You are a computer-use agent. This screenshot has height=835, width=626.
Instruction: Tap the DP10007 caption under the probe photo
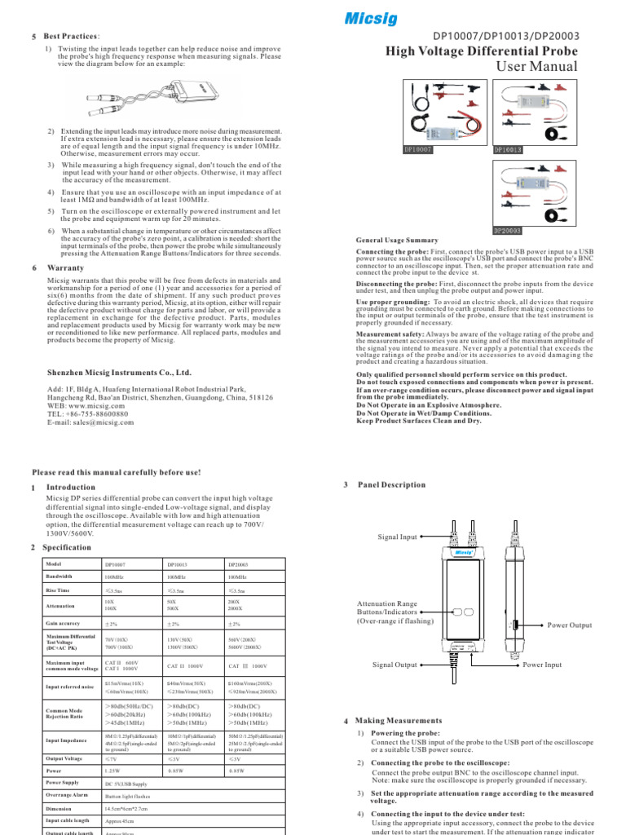418,150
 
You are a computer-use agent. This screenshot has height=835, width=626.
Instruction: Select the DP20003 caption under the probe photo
508,231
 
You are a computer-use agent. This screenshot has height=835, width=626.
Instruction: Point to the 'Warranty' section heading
66,267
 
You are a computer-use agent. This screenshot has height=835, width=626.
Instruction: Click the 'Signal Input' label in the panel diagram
397,537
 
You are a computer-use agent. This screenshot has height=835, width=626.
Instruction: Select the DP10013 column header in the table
178,563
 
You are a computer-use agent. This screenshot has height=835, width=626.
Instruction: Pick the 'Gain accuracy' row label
68,623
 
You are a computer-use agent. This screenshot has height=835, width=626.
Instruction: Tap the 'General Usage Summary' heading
397,241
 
